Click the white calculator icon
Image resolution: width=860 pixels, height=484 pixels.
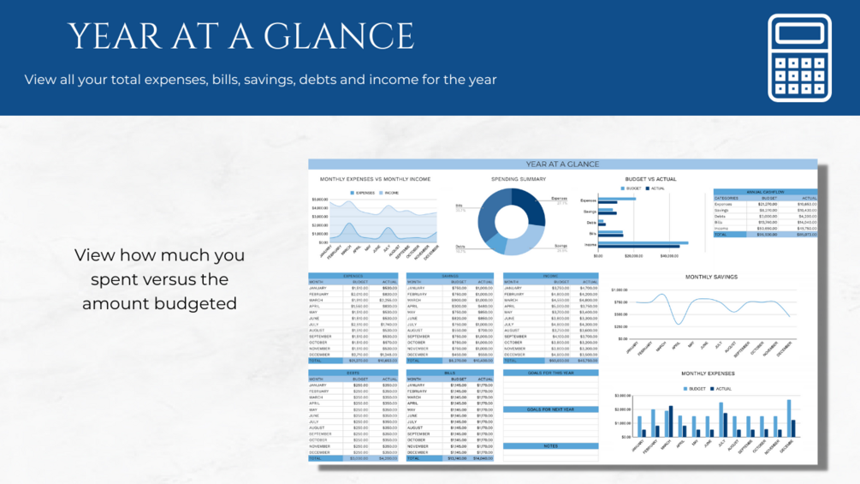[x=799, y=57]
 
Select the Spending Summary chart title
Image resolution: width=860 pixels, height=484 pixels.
[x=519, y=179]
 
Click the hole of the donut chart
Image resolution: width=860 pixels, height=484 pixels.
[x=512, y=221]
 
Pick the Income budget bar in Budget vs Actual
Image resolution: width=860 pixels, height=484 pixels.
[x=642, y=242]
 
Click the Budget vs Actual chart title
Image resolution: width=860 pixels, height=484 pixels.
[x=650, y=179]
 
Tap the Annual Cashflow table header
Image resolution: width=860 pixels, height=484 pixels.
[x=765, y=192]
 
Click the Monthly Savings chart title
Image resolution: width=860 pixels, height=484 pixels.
[x=711, y=277]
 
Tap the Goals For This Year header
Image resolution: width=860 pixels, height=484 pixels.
[x=550, y=373]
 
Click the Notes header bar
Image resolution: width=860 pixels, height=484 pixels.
[x=550, y=446]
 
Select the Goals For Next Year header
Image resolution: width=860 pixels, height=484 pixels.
[x=550, y=409]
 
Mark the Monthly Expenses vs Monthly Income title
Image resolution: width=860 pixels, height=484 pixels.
[x=375, y=179]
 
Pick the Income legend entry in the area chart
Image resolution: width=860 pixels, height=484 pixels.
[x=391, y=194]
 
